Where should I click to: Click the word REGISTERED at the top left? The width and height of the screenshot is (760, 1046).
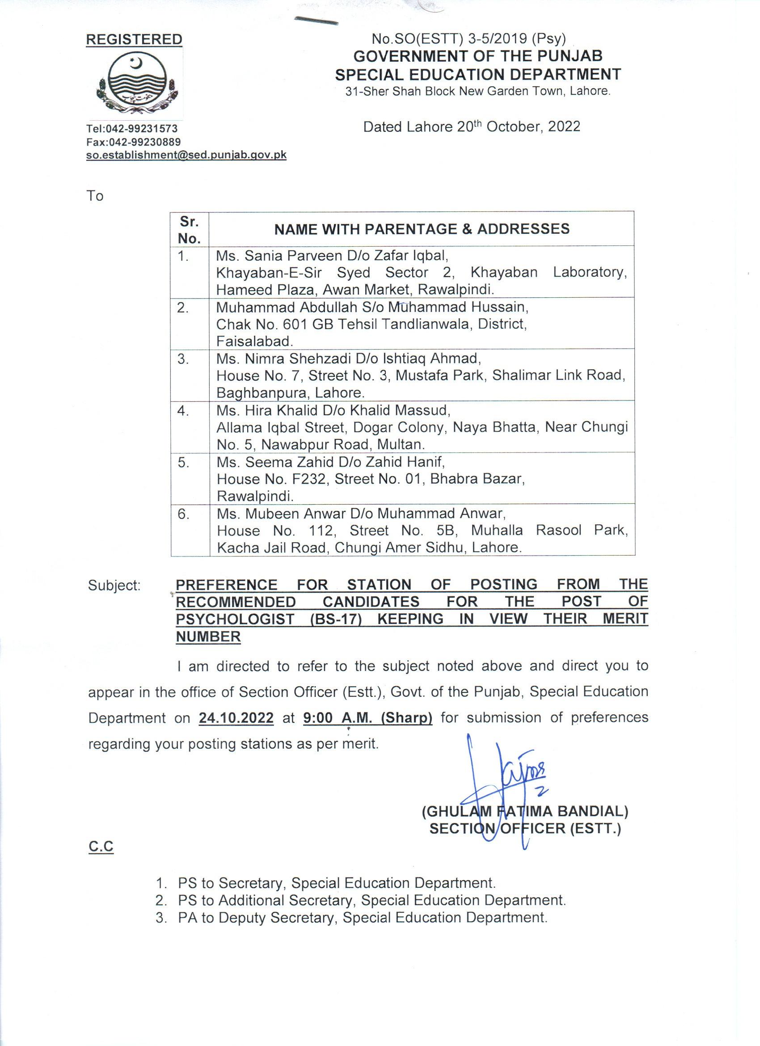click(x=134, y=40)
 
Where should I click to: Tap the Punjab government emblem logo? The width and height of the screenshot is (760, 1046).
click(x=137, y=83)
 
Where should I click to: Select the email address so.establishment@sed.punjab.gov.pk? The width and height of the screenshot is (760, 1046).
click(x=186, y=155)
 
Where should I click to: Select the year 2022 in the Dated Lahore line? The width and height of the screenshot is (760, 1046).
click(x=564, y=127)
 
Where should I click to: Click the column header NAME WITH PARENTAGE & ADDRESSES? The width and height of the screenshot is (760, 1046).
click(x=422, y=229)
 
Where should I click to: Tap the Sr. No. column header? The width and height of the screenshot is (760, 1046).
click(x=190, y=230)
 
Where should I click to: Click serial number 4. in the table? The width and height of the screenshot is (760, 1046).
click(x=183, y=410)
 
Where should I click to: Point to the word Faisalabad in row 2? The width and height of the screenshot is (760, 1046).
click(x=254, y=341)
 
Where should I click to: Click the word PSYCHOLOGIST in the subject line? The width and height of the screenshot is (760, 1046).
click(x=235, y=619)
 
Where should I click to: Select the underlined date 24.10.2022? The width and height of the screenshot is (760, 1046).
click(x=236, y=718)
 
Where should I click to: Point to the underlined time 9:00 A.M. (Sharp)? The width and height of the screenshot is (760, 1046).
click(x=367, y=718)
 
